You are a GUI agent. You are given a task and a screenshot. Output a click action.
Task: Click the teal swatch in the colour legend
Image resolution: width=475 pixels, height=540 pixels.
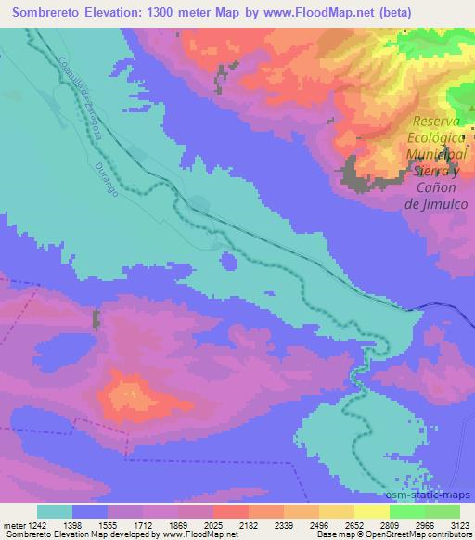click(x=55, y=511)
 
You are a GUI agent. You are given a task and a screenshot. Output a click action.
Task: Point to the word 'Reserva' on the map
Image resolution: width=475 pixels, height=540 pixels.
click(x=436, y=122)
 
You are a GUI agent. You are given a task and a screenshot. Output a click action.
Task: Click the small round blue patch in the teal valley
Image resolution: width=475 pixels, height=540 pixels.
click(x=227, y=261)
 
